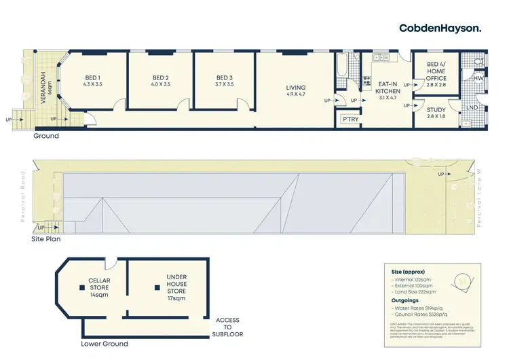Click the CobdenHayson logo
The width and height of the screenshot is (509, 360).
[440, 28]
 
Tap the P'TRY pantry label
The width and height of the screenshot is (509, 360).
[350, 119]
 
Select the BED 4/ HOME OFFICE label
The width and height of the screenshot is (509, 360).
[436, 75]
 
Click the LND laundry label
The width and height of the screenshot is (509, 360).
[474, 107]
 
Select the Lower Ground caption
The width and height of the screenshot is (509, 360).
[104, 344]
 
